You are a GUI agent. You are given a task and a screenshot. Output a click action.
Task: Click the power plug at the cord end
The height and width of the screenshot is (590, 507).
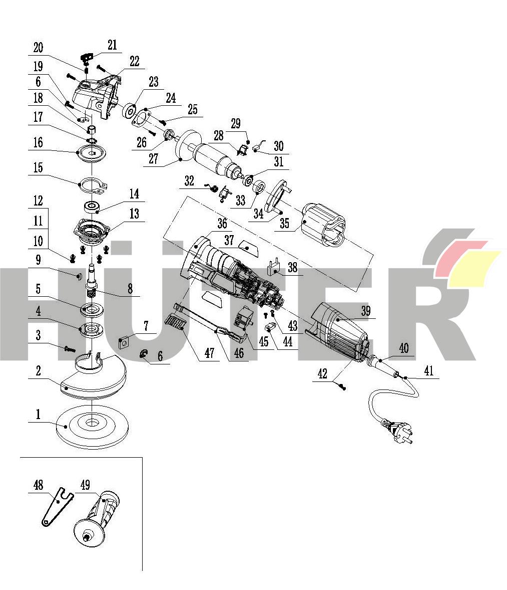pos(398,431)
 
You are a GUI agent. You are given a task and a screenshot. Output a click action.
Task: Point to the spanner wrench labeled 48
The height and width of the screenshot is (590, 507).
pos(57,506)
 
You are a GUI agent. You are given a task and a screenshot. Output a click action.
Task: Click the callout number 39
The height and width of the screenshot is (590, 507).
pos(366,310)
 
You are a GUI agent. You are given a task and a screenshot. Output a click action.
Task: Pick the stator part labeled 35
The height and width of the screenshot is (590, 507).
pos(324,225)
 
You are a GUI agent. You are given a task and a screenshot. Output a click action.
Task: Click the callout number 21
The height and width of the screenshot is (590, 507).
pos(112,45)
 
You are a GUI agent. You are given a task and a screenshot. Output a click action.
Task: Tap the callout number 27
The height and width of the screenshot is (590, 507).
pos(153,158)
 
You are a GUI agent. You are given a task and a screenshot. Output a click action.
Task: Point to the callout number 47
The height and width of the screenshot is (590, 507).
pos(209,352)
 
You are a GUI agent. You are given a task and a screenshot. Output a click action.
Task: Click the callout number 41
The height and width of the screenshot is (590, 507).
pos(428,370)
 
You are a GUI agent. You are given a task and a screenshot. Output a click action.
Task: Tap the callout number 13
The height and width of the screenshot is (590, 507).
pos(135,214)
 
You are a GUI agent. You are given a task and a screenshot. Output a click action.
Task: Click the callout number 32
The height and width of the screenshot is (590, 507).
pos(189,180)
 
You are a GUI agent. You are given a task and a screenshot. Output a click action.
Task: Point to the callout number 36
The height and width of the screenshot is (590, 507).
pos(222,223)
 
